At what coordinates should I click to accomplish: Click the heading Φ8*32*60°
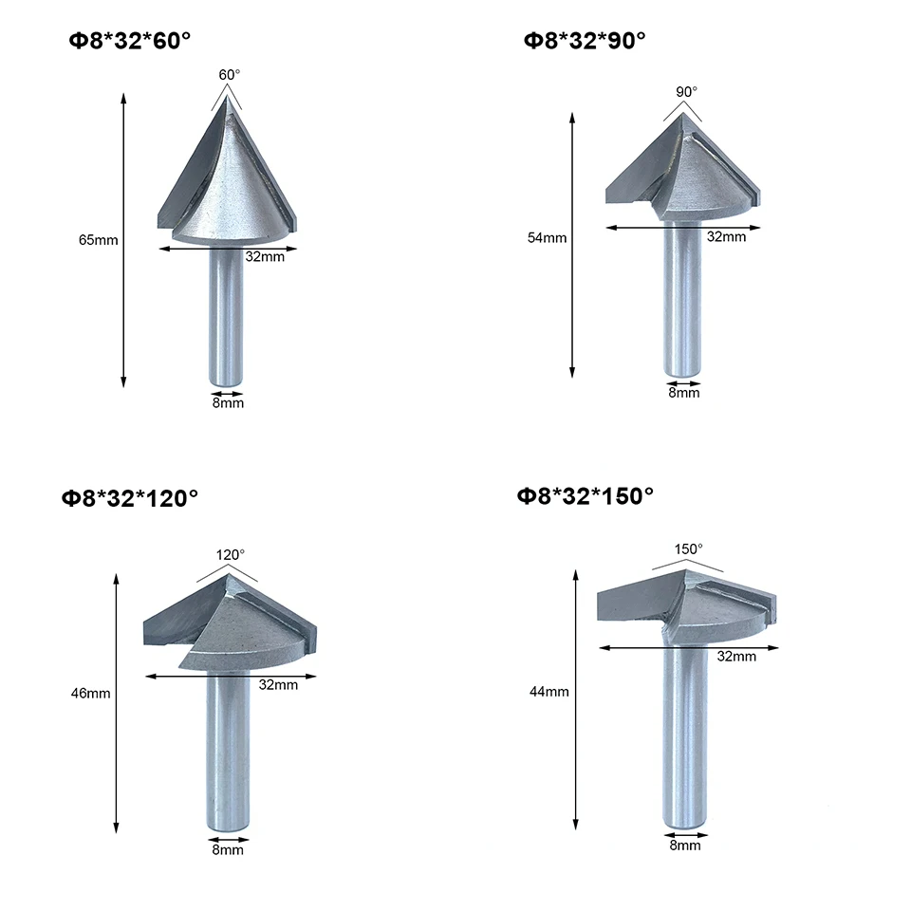click(x=129, y=41)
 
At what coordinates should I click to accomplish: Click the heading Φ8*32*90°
click(x=584, y=41)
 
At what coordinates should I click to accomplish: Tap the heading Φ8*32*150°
click(x=586, y=495)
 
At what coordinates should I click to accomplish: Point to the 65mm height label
click(x=98, y=240)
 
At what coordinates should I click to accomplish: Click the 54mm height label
click(x=547, y=237)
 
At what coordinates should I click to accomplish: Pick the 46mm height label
click(x=91, y=693)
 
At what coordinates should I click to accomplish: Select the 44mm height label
click(x=549, y=691)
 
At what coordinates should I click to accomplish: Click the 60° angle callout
click(x=228, y=73)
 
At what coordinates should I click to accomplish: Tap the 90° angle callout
click(x=686, y=92)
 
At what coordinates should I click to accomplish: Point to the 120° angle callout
click(x=229, y=553)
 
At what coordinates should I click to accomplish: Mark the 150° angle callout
click(x=688, y=548)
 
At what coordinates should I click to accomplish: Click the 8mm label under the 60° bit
click(x=228, y=402)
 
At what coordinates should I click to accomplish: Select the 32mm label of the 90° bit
click(x=727, y=237)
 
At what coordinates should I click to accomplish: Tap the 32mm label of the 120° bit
click(x=278, y=684)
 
